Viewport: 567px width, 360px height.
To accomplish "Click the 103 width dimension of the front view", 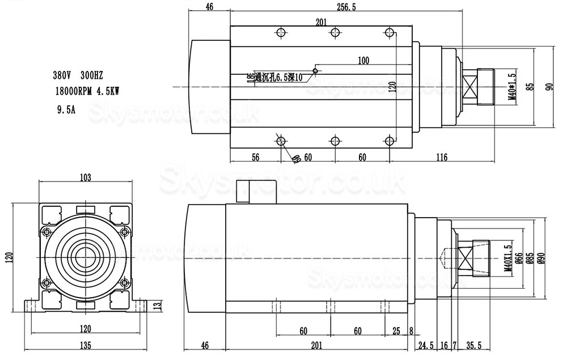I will (x=85, y=177).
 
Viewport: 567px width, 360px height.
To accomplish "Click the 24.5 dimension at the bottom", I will (x=425, y=345).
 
